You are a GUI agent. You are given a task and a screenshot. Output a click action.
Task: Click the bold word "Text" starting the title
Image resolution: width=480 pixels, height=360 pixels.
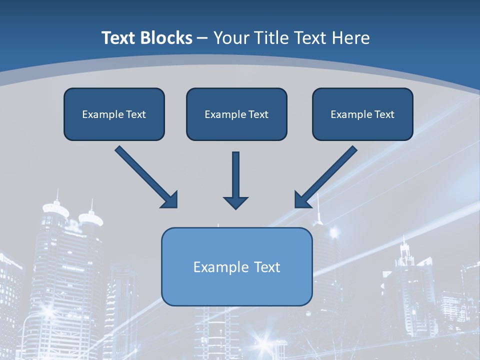click(x=118, y=38)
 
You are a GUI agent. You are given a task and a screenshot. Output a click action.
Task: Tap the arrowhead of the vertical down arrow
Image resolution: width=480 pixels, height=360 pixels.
click(x=235, y=202)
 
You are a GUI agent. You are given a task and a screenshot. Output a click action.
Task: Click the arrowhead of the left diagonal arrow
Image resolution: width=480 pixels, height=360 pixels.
click(x=170, y=200)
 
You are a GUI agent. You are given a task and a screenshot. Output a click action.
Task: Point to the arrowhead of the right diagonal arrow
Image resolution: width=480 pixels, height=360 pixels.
click(x=302, y=199)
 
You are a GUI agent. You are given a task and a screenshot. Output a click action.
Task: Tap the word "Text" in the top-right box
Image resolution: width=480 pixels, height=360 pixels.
click(x=384, y=114)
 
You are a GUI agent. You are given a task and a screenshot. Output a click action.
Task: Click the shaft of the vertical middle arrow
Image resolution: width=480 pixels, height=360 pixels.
click(x=235, y=172)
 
